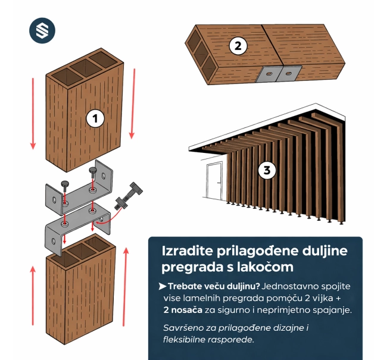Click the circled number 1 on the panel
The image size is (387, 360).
(95, 118)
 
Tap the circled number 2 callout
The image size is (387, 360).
(238, 45)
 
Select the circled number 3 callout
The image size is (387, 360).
(267, 171)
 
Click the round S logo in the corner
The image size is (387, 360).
(42, 31)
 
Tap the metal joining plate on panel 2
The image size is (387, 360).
(278, 75)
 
